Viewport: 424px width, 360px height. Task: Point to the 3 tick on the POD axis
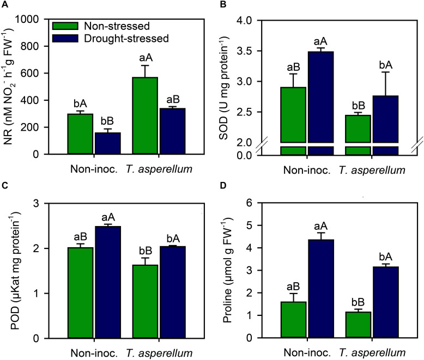41,203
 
